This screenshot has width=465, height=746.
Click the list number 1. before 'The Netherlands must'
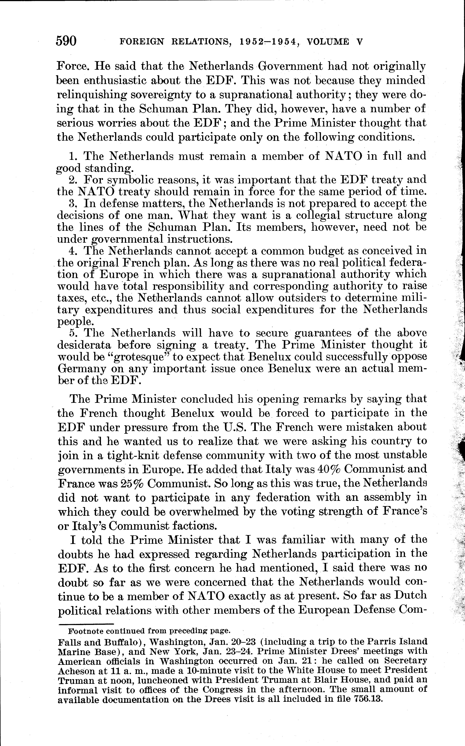point(74,156)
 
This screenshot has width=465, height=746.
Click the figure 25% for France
point(129,483)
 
